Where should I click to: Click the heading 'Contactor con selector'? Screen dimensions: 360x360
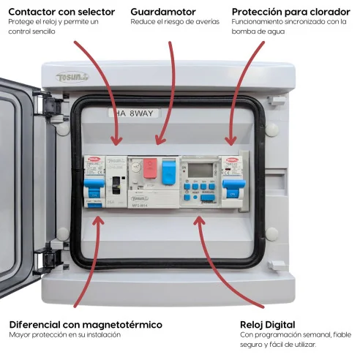(x=61, y=12)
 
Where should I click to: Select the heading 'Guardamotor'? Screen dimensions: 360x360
(x=165, y=12)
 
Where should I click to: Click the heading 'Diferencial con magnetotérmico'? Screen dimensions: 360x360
(x=86, y=324)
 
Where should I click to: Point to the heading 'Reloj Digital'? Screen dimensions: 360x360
(x=268, y=324)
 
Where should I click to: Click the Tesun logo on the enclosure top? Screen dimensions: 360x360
(x=73, y=76)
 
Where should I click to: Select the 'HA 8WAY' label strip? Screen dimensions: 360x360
(x=132, y=113)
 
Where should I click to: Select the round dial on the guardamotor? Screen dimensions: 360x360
(x=136, y=168)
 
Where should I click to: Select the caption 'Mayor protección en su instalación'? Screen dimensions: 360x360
(x=65, y=335)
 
